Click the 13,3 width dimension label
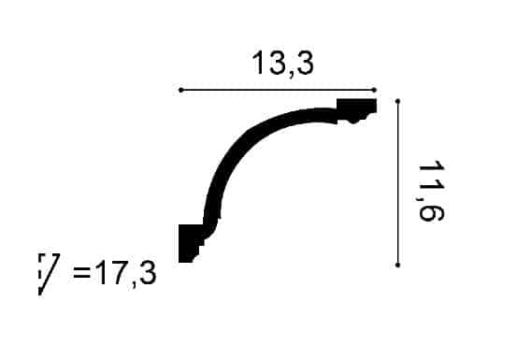[283, 64]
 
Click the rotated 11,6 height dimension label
[431, 191]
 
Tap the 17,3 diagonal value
[125, 274]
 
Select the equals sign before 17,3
[82, 272]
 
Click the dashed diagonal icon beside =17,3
[49, 274]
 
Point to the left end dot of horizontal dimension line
[180, 90]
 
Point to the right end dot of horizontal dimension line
[374, 90]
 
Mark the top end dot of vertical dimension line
[398, 101]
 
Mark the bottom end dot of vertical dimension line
[398, 265]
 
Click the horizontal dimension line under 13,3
[278, 90]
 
